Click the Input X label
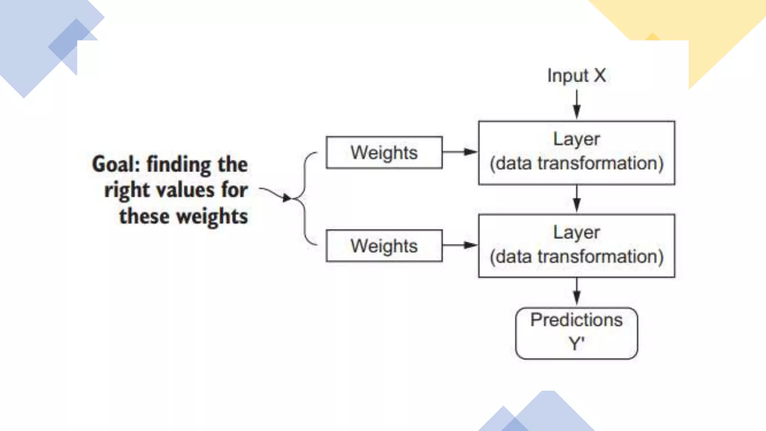tap(576, 76)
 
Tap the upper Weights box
tap(384, 153)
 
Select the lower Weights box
tap(384, 246)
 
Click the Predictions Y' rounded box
tap(576, 333)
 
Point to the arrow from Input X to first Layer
tap(577, 104)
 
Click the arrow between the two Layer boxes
tap(577, 199)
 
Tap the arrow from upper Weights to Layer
tap(460, 152)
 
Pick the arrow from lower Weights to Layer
tap(460, 245)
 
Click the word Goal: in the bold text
tap(116, 164)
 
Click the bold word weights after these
tap(212, 217)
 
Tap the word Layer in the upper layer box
tap(576, 139)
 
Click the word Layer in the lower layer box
tap(576, 232)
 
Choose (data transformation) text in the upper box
tap(576, 163)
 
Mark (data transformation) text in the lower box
tap(576, 257)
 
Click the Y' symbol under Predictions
tap(576, 343)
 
